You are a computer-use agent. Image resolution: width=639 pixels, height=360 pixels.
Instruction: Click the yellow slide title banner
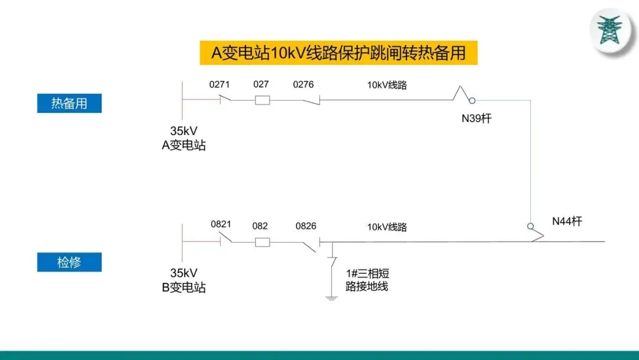(338, 53)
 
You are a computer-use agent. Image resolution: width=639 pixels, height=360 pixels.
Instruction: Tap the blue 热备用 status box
(69, 103)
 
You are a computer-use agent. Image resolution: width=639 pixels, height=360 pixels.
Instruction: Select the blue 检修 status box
(69, 262)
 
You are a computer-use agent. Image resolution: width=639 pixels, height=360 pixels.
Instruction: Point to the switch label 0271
(220, 85)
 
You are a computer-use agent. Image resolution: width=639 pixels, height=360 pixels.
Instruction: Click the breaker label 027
(261, 84)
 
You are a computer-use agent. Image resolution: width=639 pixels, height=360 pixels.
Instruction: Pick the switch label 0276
(304, 85)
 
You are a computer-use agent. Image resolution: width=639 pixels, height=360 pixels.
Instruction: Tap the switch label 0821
(221, 224)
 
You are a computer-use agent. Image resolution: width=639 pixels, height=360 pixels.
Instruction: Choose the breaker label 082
(260, 226)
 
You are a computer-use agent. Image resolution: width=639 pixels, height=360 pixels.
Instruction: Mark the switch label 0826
(306, 226)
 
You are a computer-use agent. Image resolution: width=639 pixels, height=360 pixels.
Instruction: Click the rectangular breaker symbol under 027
(262, 100)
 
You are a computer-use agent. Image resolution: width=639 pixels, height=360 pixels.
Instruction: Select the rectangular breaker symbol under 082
(262, 242)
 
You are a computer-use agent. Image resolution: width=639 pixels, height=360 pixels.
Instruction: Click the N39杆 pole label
(476, 118)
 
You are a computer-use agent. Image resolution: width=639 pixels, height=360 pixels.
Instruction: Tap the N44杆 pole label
(567, 221)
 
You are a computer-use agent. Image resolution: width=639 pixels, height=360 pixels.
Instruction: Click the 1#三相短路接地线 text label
(367, 280)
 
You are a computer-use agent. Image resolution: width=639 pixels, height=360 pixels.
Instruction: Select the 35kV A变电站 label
(184, 139)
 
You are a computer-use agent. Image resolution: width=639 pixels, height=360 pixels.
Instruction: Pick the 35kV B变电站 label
(184, 281)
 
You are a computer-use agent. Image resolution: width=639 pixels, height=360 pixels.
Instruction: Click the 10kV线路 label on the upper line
(387, 85)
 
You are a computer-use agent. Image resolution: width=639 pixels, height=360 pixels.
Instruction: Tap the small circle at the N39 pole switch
(472, 100)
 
